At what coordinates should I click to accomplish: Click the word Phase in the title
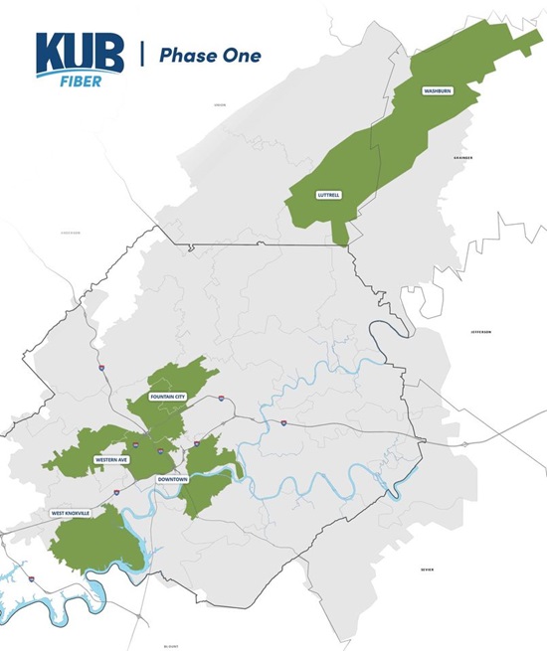(x=190, y=56)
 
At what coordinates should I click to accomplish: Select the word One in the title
(x=242, y=56)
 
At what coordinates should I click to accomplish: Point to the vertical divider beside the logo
(x=141, y=55)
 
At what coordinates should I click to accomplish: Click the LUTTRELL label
(x=327, y=195)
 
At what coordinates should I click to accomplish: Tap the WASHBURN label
(x=438, y=90)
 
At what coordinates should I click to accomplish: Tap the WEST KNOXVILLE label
(x=72, y=513)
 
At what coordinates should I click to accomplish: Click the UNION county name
(x=220, y=103)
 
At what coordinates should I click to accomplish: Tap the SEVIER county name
(x=428, y=570)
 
